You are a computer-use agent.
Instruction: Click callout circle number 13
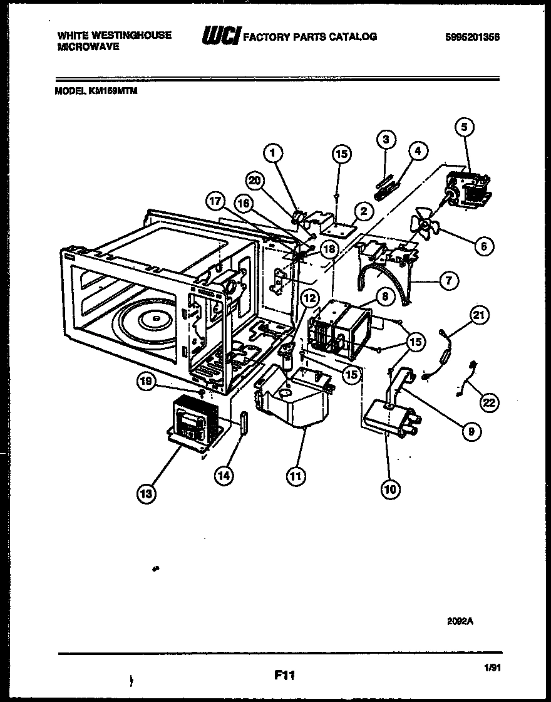click(x=147, y=495)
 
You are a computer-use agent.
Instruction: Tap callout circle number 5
click(x=464, y=128)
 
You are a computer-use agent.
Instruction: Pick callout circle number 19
click(x=146, y=380)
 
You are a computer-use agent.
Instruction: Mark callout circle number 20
click(x=254, y=181)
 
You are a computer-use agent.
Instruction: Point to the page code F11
click(x=284, y=675)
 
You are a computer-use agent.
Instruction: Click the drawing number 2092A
click(x=460, y=620)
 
